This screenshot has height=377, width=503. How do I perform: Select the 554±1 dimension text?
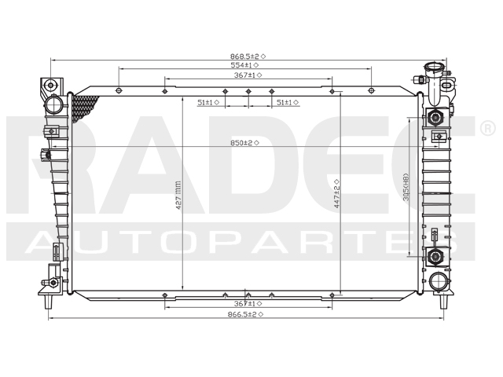[x=245, y=66]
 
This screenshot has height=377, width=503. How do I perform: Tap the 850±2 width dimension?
[x=245, y=142]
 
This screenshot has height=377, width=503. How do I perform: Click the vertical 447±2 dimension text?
[x=336, y=191]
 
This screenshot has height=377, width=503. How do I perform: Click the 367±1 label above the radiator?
[x=247, y=75]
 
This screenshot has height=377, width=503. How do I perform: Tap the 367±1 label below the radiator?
[x=248, y=303]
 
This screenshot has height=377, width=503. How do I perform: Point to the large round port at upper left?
[x=55, y=104]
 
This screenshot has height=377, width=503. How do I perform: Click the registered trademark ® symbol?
[x=486, y=127]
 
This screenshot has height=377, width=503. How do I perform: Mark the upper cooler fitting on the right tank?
[x=435, y=118]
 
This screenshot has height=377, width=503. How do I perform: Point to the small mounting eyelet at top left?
[x=49, y=85]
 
